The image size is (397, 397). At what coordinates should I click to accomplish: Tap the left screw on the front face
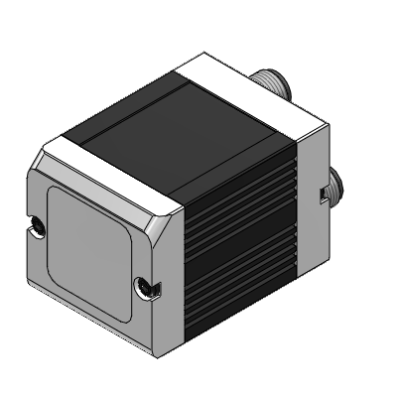tap(36, 225)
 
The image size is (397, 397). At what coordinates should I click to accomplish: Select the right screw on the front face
tap(146, 288)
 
